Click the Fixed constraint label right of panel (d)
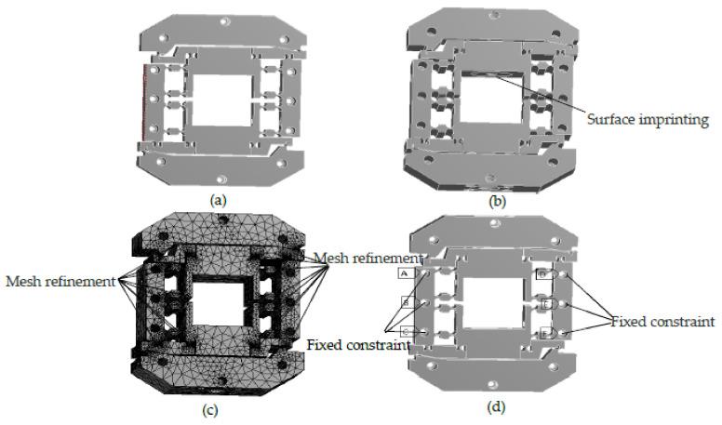662,322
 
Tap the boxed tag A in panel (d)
406,273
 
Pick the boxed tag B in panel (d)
406,302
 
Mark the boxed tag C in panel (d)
406,331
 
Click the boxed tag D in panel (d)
542,275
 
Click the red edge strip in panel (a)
143,102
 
